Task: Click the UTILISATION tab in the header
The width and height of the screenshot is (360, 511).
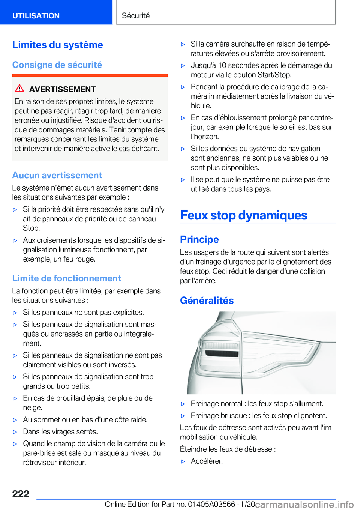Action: coord(36,16)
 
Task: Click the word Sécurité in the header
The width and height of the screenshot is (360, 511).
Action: coord(136,16)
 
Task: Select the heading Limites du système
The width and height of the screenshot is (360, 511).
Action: coord(57,45)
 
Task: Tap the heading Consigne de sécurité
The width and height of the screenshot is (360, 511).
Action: coord(57,65)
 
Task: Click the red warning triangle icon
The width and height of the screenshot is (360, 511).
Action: coord(19,88)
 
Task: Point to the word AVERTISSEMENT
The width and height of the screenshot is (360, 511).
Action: coord(63,89)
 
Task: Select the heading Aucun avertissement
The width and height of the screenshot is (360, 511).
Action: coord(57,175)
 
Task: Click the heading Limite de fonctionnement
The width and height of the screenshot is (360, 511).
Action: coord(66,278)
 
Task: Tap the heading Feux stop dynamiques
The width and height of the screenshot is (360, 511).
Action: coord(243,215)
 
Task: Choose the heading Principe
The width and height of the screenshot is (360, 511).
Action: coord(199,239)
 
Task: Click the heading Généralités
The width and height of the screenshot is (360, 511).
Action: coord(207,301)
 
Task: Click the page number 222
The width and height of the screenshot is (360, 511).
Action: coord(21,494)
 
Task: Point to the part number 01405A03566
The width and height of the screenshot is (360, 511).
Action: coord(211,504)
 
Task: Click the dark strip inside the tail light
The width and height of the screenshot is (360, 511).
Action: coord(221,353)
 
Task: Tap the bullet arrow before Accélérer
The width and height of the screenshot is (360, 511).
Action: coord(183,461)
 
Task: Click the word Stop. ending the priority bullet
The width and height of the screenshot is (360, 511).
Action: coord(31,228)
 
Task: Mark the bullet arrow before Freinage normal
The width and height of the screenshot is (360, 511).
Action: coord(183,404)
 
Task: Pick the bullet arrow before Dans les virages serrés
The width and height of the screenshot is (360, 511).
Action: coord(15,432)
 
